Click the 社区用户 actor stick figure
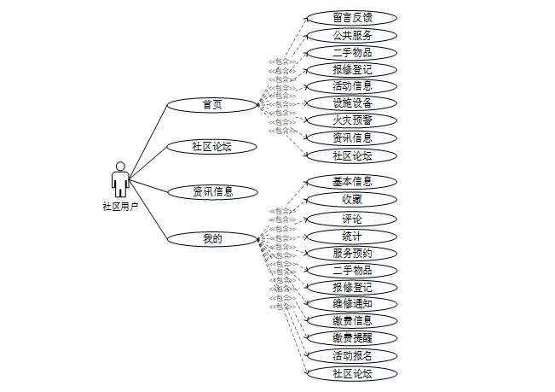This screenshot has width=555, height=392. (120, 179)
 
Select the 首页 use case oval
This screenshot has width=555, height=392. (212, 105)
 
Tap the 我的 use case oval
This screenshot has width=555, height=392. (212, 239)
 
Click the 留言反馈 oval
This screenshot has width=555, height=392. (352, 17)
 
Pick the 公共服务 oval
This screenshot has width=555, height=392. (352, 35)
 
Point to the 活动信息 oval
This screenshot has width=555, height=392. (352, 86)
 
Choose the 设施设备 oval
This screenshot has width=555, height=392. (352, 103)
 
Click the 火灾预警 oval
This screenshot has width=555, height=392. (352, 120)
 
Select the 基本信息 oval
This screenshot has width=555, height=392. (352, 181)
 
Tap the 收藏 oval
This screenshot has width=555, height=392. (352, 199)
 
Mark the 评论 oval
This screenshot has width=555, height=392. (352, 219)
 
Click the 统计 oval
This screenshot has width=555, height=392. (352, 236)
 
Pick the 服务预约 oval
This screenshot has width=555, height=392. (352, 253)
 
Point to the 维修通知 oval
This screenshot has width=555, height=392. (352, 303)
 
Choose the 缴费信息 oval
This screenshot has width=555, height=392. (352, 320)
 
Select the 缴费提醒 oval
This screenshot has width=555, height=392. (352, 337)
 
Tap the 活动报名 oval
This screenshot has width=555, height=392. (352, 354)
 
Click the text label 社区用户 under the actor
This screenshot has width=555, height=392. (120, 206)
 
